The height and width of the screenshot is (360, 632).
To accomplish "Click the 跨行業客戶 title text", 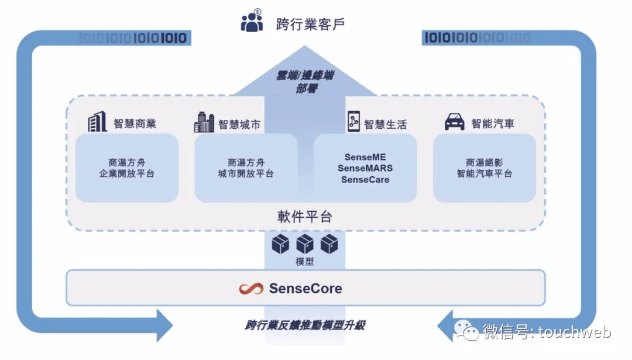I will [310, 24].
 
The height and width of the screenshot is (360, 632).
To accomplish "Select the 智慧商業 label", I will [135, 124].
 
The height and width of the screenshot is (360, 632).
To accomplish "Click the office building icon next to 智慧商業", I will [97, 122].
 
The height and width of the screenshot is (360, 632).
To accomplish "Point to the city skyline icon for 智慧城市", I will [204, 122].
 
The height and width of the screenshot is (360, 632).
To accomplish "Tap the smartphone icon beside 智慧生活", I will [353, 122].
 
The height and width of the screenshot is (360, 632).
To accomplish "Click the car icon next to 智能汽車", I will [455, 122].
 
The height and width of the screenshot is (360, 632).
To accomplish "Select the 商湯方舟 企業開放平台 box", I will [127, 168].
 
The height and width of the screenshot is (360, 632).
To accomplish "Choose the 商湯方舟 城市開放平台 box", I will [246, 168].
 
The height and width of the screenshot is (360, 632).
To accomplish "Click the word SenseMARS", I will [365, 169].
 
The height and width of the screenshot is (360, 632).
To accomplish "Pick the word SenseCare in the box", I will [365, 179].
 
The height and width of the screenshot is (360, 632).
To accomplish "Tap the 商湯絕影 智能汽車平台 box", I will [484, 168].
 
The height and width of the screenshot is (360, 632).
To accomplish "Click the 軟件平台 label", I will [304, 217].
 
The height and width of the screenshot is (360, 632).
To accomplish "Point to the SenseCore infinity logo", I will [252, 289].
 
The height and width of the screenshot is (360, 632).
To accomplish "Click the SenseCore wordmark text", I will [305, 289].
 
